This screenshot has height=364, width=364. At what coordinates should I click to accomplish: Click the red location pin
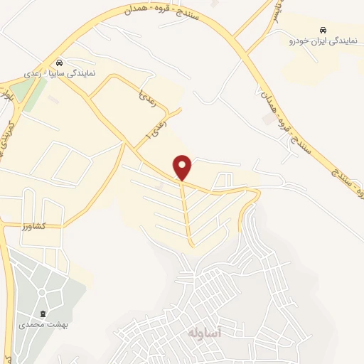183,167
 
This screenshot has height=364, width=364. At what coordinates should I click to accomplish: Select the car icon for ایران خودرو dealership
323,31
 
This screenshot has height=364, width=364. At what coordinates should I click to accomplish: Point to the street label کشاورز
33,225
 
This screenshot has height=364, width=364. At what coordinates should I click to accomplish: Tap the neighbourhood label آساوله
207,333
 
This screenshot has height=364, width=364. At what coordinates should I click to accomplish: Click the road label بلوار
8,93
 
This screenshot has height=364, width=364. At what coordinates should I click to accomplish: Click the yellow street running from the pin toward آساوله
188,213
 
